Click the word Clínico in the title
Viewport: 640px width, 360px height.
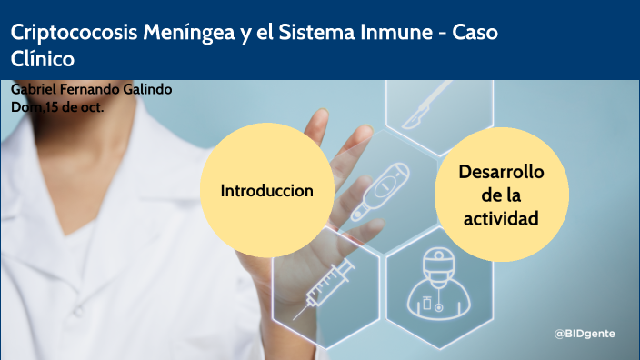43,57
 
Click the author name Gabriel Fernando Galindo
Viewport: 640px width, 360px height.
91,90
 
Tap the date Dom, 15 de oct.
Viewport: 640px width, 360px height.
56,106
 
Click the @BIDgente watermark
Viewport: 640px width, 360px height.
585,334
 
